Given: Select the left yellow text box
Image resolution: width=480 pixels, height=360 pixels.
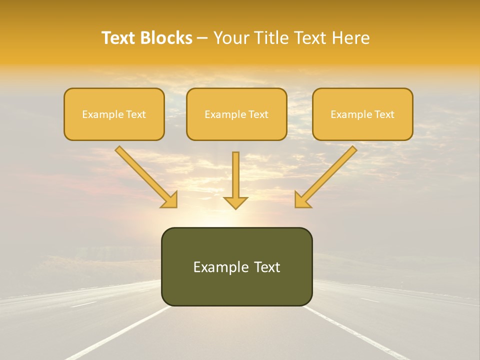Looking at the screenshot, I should (x=114, y=114).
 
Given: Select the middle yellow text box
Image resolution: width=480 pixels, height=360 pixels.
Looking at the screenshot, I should (x=236, y=114).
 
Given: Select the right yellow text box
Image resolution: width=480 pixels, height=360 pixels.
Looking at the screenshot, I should (x=362, y=114).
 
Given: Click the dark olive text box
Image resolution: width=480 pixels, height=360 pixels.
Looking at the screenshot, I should (x=236, y=266).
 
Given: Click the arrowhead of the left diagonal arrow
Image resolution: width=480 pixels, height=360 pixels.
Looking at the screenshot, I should (x=170, y=200).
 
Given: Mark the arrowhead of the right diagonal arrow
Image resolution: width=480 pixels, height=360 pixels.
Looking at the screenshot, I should (x=301, y=200).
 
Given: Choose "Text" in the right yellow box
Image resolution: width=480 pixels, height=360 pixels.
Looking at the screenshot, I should (x=384, y=114).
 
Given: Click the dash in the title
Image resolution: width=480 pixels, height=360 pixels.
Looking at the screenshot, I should (x=203, y=38).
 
